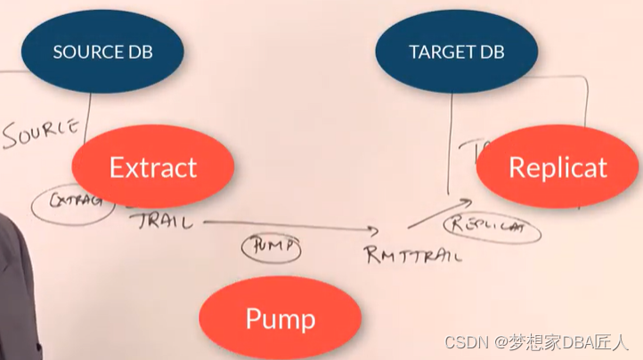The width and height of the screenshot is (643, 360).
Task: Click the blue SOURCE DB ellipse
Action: (102, 52)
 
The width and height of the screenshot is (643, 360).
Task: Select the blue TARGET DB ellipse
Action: (457, 52)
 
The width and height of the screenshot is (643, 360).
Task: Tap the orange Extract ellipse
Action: (152, 167)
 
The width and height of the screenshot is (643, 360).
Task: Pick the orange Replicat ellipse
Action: (558, 167)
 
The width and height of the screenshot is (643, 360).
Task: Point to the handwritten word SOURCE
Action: (40, 134)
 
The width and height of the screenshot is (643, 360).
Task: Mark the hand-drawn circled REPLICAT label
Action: (492, 227)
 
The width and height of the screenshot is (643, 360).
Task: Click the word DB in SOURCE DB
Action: (139, 52)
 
